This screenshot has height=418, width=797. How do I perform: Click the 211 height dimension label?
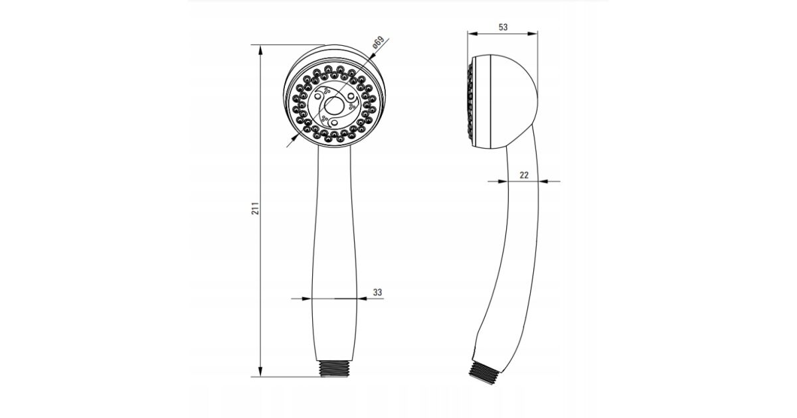coord(256,208)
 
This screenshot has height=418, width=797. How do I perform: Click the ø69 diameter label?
coord(379,42)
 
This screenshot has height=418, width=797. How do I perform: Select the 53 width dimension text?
coord(503,27)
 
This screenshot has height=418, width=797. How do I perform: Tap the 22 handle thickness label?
coord(524,175)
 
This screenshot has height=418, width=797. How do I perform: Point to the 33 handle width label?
coord(377,292)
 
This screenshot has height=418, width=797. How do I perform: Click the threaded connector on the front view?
coord(333,369)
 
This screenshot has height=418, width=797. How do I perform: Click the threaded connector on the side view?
coord(482,373)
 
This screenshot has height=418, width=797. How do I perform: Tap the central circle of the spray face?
coord(333,106)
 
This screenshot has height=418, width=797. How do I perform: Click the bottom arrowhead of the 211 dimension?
coord(260,372)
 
